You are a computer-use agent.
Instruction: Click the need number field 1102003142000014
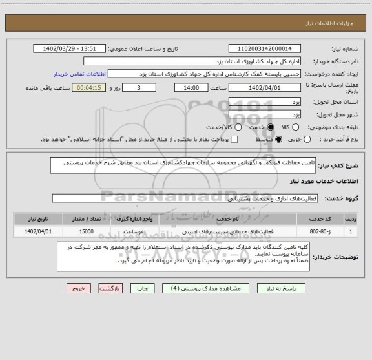[x=264, y=48]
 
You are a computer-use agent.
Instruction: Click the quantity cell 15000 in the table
[x=85, y=231]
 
